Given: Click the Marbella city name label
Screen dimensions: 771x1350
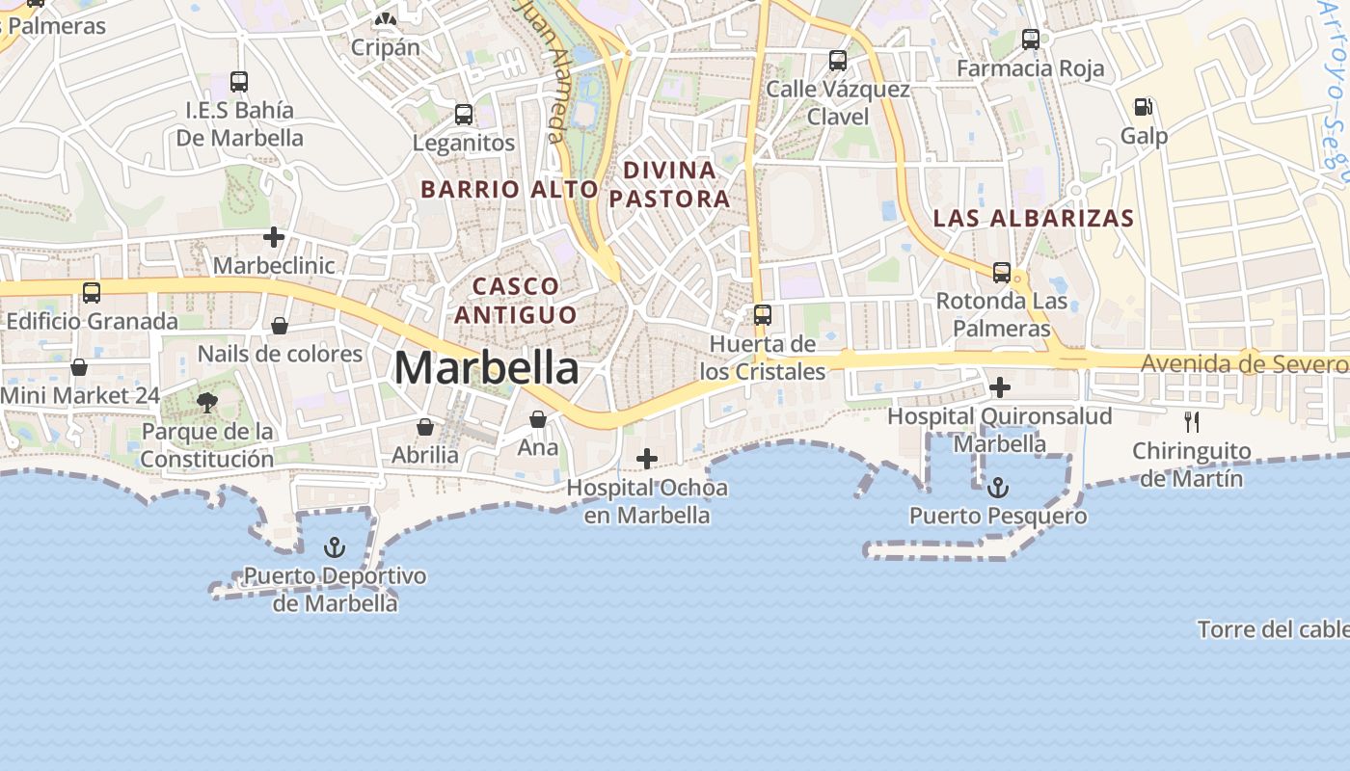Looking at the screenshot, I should (487, 368).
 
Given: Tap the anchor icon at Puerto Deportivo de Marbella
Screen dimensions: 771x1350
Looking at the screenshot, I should (335, 548).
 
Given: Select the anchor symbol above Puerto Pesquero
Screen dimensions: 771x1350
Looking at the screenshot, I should (998, 488).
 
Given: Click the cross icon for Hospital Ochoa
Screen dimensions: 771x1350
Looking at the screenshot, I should (647, 459).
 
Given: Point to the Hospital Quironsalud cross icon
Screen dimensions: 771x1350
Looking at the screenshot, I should (1000, 387).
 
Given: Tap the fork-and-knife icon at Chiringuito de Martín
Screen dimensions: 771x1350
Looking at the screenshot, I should (1192, 421).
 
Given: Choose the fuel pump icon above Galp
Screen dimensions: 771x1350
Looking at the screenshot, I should (1144, 107).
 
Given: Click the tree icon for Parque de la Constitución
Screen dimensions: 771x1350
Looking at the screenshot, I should (206, 403).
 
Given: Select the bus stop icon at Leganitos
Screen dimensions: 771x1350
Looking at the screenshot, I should (464, 115).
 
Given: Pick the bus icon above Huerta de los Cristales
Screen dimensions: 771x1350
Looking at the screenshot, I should (763, 315).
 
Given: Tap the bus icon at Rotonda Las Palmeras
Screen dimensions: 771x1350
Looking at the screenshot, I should (1002, 273).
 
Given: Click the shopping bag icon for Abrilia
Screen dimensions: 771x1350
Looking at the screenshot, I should (425, 426).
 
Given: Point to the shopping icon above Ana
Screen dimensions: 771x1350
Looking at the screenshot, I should (538, 419).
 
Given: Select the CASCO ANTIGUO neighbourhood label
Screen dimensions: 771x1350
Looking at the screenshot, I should (516, 300).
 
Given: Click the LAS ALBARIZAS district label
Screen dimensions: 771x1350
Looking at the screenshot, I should (1034, 218).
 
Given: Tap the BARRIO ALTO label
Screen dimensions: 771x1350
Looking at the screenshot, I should (509, 189).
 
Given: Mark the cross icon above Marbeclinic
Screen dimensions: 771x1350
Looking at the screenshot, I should (274, 236).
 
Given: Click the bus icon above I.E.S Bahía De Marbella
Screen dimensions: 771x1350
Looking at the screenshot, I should (239, 82).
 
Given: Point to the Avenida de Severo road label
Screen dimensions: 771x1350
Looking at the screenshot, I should (1244, 364).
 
